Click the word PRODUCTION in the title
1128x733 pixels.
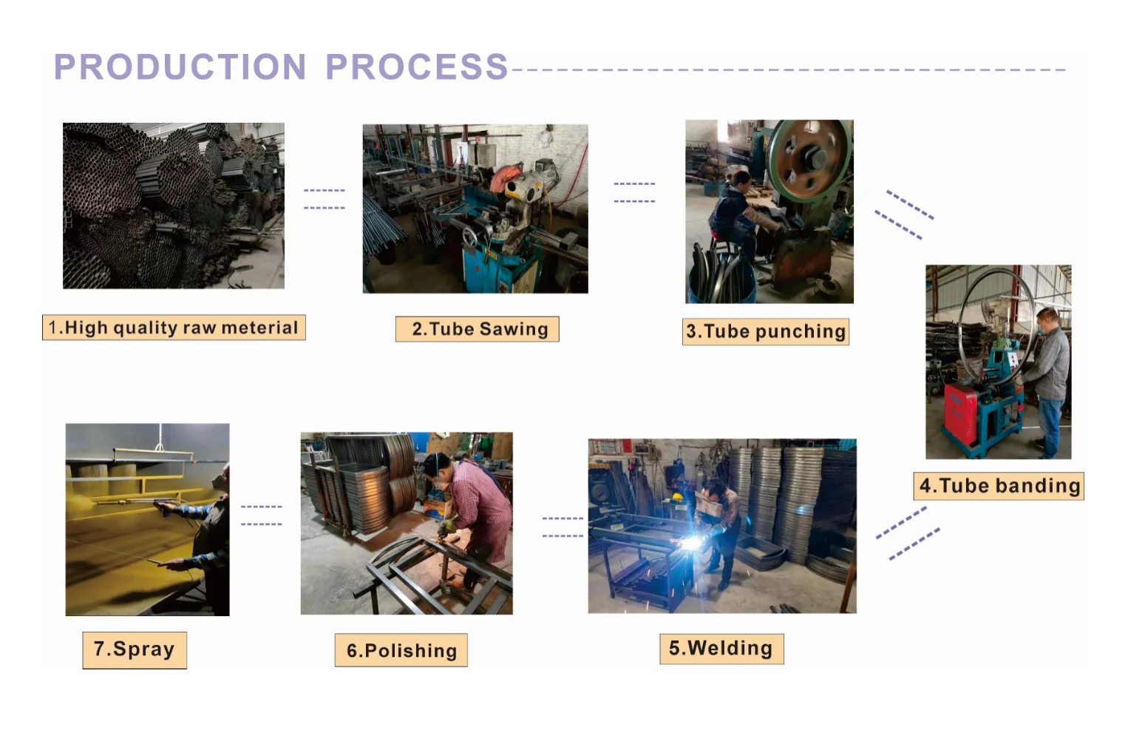coord(180,67)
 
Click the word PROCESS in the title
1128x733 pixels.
coord(416,67)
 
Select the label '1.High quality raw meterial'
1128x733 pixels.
coord(174,328)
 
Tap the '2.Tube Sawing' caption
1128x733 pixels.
coord(478,329)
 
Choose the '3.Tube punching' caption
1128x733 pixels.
coord(766,331)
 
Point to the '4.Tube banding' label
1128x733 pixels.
coord(999,486)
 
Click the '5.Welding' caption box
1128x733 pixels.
coord(721,649)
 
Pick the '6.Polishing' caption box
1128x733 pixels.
coord(401,650)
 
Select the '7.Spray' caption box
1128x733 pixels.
coord(135,649)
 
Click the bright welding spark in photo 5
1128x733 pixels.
coord(690,544)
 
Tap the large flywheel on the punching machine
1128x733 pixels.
coord(809,158)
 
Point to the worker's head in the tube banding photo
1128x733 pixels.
coord(1047,320)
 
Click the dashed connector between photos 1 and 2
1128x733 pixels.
coord(324,199)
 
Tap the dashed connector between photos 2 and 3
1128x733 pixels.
coord(634,192)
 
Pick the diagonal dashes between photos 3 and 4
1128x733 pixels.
coord(904,215)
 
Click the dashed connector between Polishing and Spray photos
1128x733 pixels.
coord(262,516)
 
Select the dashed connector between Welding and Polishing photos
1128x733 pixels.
coord(563,527)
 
